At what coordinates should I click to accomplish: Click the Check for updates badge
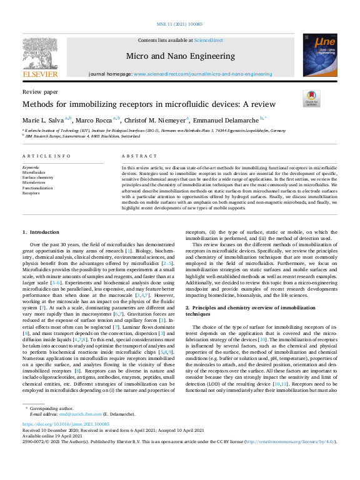311,98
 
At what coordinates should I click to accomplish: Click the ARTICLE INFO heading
46,156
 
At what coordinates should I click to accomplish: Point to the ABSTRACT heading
135,156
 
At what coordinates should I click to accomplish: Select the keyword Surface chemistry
37,177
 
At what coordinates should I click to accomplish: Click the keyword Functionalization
37,187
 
